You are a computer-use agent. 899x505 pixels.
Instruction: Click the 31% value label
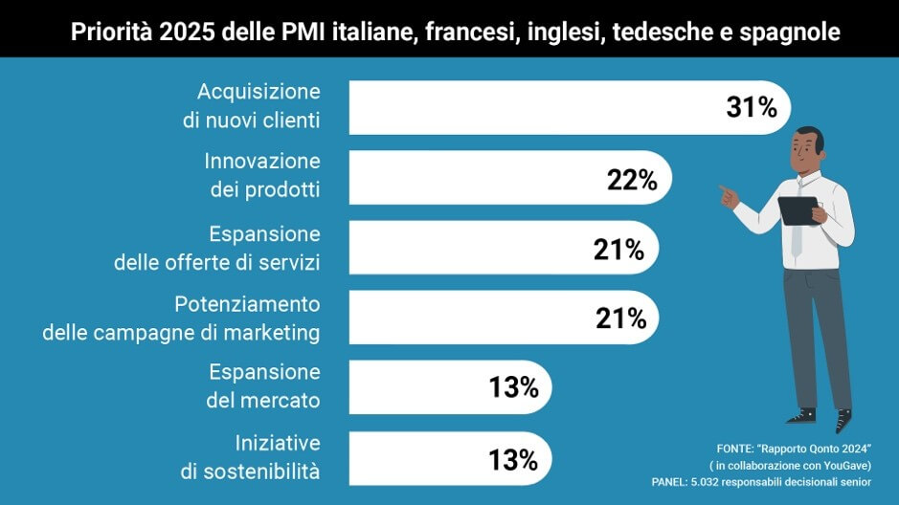752,108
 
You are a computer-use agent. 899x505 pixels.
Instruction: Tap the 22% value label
632,180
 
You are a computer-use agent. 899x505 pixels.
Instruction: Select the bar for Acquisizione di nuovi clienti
536,107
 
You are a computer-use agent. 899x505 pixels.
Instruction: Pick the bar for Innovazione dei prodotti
479,178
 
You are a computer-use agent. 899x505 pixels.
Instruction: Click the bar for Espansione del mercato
412,387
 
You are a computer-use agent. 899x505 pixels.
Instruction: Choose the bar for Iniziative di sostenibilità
412,458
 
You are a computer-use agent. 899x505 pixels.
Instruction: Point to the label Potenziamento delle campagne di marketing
181,318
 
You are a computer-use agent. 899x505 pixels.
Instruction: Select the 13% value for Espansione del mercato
514,388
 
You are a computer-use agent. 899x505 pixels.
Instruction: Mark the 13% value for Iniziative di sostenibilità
514,460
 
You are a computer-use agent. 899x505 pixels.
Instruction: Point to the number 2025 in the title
187,33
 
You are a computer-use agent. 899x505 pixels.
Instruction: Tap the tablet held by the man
797,209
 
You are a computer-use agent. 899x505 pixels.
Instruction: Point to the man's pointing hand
730,197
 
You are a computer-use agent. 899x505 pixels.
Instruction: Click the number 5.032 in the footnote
708,482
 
